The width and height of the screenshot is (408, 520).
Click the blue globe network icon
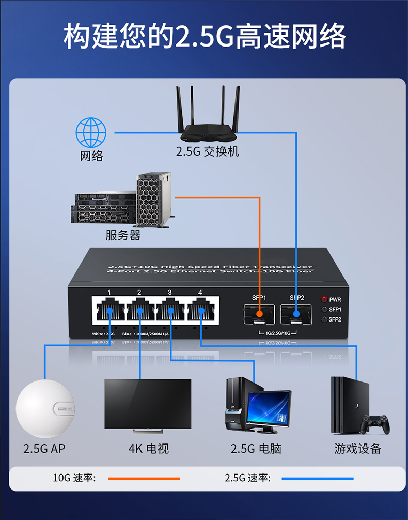coord(91,132)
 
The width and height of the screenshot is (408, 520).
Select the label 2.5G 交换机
coord(207,152)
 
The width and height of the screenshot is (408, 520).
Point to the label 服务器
coord(123,235)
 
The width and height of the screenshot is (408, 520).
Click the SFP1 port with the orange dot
coord(259,313)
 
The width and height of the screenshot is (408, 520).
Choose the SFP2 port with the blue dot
coord(296,313)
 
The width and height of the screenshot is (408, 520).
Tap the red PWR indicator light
coord(324,299)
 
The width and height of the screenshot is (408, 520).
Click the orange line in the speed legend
coord(144,479)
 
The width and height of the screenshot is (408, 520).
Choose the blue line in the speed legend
coord(318,479)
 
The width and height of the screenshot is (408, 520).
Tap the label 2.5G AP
coord(44,449)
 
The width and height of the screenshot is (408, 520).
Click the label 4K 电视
coord(149,449)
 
